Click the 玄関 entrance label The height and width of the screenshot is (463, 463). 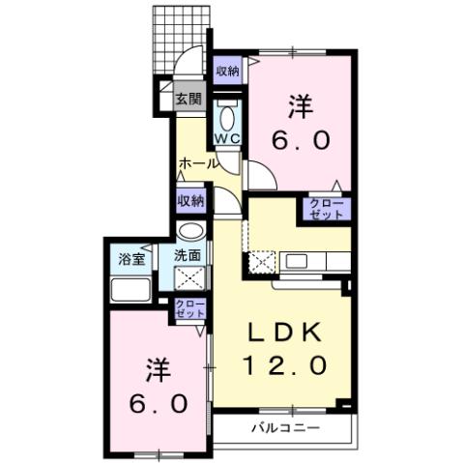click(188, 98)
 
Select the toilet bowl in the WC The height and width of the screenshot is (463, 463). click(228, 118)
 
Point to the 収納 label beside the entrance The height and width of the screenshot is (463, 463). click(227, 71)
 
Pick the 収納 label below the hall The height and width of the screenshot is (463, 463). click(190, 201)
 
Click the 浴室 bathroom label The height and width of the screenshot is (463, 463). click(131, 258)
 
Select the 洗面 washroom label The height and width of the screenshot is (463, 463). click(188, 256)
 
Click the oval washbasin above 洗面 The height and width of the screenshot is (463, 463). click(190, 232)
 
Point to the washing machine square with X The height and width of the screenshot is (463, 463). click(189, 280)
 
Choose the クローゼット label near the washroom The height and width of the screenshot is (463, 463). click(189, 309)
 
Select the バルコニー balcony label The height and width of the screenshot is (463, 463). click(286, 426)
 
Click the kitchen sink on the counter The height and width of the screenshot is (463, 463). click(296, 261)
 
